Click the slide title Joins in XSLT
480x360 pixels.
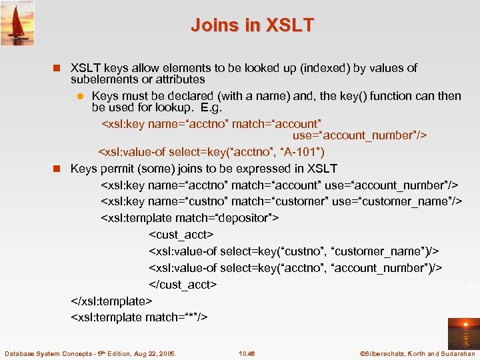(252, 25)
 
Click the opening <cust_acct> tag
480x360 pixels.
(181, 235)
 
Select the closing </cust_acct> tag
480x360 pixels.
(183, 284)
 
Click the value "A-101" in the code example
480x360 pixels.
(302, 151)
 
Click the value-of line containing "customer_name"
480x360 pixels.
(293, 251)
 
